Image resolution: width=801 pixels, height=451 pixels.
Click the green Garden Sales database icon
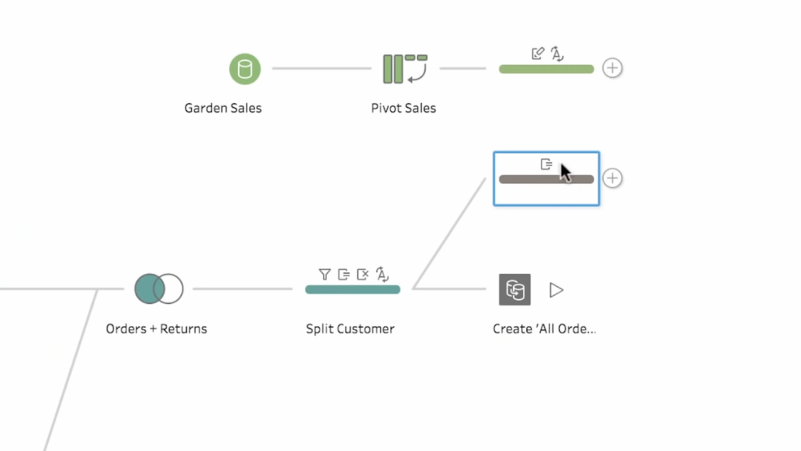coord(244,69)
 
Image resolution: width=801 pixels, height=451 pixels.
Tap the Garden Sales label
coord(223,108)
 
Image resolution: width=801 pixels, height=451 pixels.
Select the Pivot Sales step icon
coord(404,69)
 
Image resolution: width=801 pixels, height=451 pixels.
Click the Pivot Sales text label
coord(403,108)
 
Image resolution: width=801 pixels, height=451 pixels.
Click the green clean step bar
coord(546,70)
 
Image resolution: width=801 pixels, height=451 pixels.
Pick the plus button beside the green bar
coord(612,68)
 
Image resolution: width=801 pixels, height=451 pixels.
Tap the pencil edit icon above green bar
coord(537,54)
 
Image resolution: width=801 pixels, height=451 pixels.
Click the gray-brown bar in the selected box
coord(533,180)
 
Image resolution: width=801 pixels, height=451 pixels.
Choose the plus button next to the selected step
coord(612,178)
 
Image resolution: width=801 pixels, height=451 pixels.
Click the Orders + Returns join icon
coord(159,289)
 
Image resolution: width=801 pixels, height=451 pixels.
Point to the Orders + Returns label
coord(156,329)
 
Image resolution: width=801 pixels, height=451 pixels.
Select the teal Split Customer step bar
coord(352,289)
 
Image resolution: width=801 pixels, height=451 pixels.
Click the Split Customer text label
coord(350,329)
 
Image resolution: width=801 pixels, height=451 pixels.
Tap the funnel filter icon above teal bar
coord(324,274)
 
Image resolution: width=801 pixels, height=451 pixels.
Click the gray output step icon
coord(515,289)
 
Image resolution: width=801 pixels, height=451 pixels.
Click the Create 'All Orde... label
coord(543,329)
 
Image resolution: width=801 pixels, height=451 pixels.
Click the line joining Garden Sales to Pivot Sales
coord(322,68)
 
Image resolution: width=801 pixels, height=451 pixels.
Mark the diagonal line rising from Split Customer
coord(449,234)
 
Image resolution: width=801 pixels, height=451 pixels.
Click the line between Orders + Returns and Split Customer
coord(243,289)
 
